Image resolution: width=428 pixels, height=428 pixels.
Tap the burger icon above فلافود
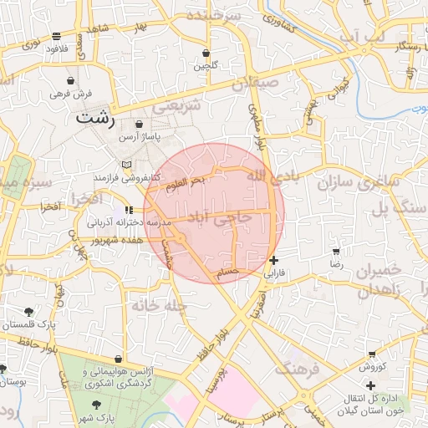tap(56, 36)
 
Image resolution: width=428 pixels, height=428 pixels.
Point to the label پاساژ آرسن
tap(140, 135)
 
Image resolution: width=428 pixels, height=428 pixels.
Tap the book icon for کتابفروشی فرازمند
tap(127, 164)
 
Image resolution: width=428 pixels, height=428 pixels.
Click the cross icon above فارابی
tap(274, 260)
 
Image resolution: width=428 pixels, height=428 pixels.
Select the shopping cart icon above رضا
tap(336, 251)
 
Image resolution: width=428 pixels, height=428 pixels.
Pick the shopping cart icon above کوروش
tap(370, 354)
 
